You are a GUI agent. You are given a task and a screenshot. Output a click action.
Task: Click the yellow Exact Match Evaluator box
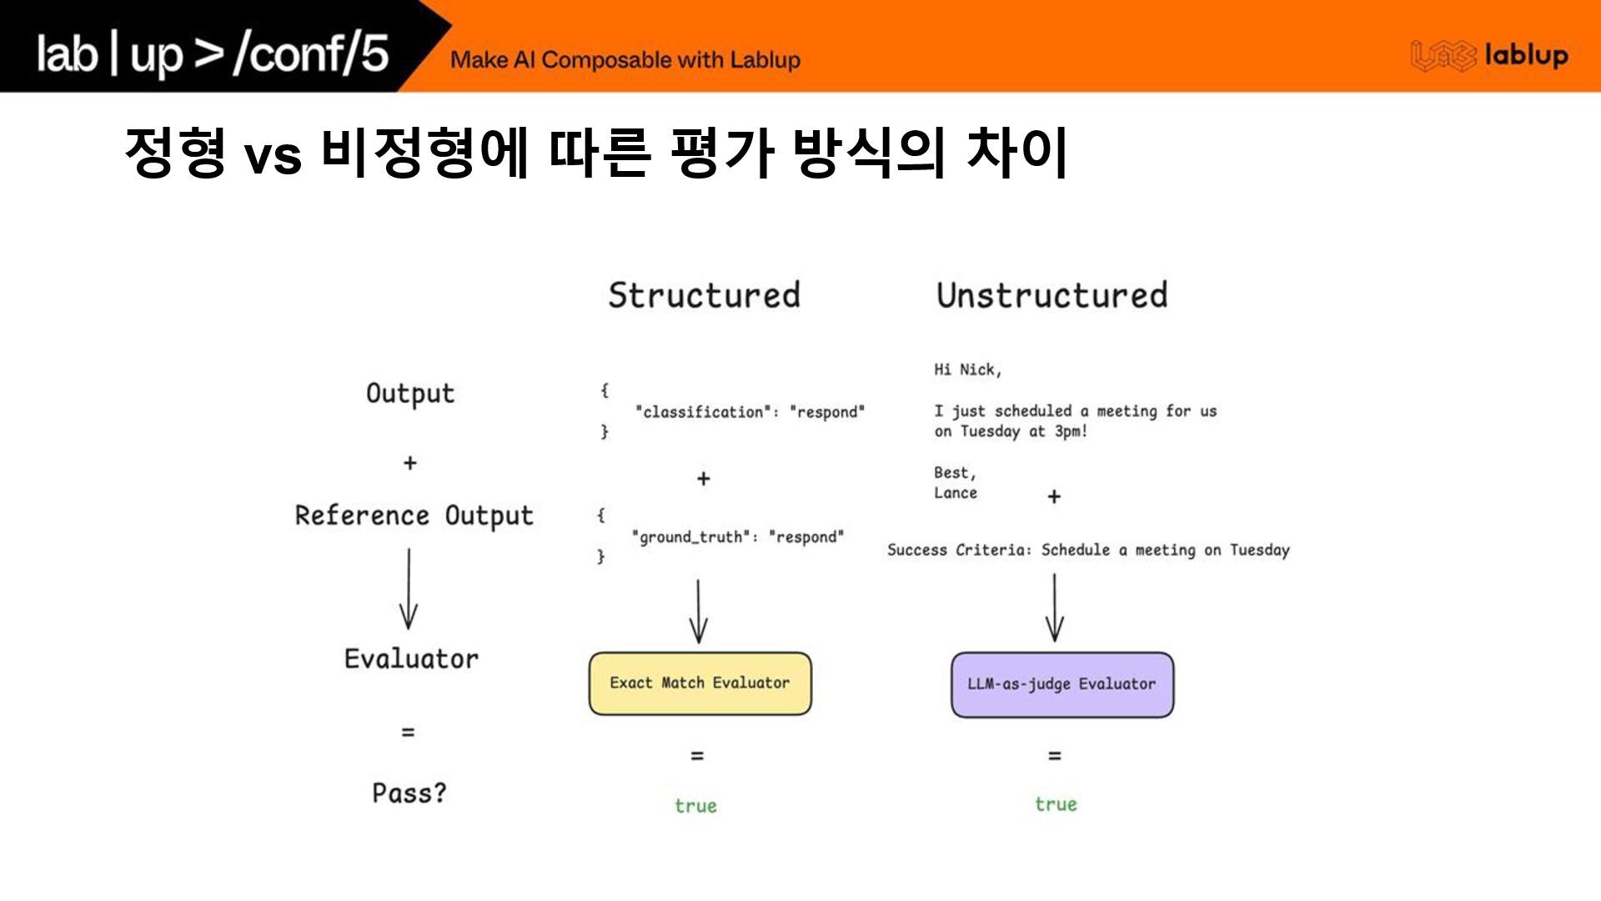700,683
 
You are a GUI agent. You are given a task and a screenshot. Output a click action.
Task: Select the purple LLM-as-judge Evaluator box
1061,684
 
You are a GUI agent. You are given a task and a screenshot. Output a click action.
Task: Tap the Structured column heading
704,295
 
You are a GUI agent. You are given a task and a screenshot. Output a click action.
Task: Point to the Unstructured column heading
1051,295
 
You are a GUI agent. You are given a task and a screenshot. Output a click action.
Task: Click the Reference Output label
414,516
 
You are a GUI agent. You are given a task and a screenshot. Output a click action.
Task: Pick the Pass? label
409,793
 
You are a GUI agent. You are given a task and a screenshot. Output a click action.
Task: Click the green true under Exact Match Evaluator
695,806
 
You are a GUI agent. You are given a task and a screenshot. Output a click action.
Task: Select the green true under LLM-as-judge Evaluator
1056,804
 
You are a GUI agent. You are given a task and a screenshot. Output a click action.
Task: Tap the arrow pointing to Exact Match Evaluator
699,612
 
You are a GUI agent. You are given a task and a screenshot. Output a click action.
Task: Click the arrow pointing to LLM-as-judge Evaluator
1055,607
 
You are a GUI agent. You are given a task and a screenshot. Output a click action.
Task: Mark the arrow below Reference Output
409,589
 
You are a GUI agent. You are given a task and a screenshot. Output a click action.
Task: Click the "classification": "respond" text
750,412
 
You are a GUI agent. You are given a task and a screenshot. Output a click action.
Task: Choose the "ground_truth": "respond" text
738,537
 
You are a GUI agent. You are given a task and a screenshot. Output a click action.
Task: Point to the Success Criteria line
1088,550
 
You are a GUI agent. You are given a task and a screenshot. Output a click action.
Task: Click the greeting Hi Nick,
967,370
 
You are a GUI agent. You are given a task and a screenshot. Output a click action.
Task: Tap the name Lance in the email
956,493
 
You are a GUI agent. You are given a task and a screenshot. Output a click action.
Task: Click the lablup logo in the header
1489,56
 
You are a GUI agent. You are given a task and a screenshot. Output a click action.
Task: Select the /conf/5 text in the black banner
311,53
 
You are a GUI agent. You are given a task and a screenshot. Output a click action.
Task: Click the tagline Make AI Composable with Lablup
625,60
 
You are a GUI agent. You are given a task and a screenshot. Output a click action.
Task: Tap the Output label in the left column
410,394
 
